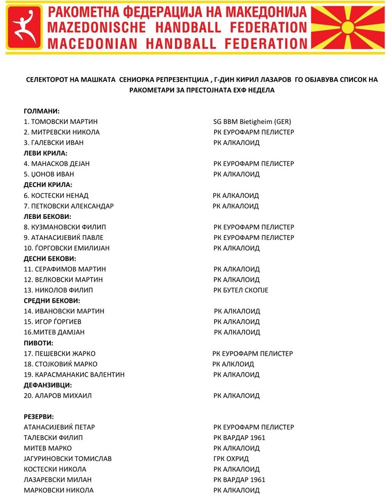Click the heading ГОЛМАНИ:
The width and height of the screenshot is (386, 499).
click(x=42, y=111)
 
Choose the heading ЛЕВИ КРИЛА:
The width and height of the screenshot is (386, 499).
click(x=46, y=153)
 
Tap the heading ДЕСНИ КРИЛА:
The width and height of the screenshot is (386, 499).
click(x=48, y=185)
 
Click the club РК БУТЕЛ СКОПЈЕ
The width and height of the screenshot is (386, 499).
click(x=240, y=290)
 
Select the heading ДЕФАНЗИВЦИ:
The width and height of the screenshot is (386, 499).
click(x=48, y=385)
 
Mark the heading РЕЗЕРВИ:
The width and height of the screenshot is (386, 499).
click(x=39, y=416)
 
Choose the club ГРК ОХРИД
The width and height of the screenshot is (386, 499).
click(x=231, y=458)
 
